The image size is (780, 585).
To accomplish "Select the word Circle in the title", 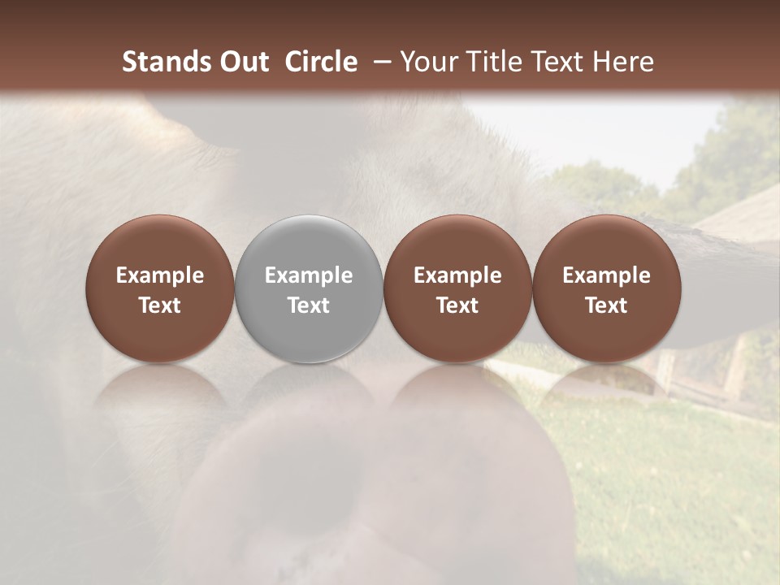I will pos(321,62).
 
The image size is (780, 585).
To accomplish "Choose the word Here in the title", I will pos(624,62).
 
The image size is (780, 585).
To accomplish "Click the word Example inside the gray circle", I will pos(309,275).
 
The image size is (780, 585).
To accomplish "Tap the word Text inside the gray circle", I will pos(309,305).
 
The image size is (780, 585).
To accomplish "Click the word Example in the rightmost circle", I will pos(606,275).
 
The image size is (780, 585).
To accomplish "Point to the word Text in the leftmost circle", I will pos(160,305).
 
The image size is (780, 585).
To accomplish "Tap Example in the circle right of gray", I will pos(457,275).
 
